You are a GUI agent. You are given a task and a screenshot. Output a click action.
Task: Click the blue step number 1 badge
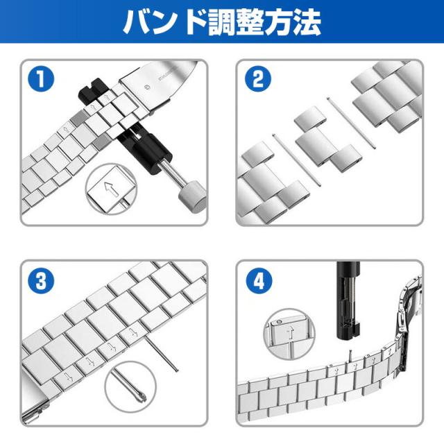tap(41, 78)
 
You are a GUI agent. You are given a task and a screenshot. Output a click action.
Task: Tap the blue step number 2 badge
tap(257, 78)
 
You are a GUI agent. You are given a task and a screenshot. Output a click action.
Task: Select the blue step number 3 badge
tap(41, 280)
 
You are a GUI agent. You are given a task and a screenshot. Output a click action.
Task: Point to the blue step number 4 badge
tap(259, 280)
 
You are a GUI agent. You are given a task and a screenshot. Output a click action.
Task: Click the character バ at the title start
tap(137, 22)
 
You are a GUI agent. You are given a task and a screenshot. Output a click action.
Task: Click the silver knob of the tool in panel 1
tap(193, 197)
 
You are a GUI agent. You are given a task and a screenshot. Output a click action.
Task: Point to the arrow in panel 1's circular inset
tap(111, 189)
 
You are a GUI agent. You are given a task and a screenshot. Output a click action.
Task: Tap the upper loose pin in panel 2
tap(351, 123)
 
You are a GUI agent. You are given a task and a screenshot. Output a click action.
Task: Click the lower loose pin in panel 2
tap(297, 160)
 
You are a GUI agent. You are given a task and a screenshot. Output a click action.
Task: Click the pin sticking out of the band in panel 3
tap(162, 355)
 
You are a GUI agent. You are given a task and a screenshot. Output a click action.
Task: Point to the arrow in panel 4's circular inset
tap(290, 333)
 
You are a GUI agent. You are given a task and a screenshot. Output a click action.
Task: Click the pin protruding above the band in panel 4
tap(351, 356)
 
